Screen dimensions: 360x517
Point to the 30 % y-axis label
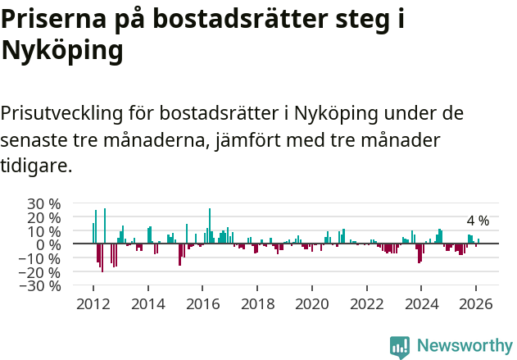[44, 203]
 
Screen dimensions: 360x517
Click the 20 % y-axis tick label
[44, 217]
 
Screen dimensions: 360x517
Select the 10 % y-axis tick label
[44, 231]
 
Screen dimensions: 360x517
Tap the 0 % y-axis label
[48, 244]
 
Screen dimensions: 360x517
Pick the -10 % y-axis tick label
[42, 258]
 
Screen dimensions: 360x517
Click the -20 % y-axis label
[42, 272]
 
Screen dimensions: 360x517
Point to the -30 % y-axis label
[42, 286]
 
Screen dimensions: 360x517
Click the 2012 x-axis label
[93, 304]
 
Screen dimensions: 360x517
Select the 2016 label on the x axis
[202, 304]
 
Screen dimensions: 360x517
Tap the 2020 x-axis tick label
[311, 304]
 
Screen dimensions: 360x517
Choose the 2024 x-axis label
[421, 304]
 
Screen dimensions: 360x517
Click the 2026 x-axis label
[476, 304]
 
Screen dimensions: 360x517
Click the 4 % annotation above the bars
[478, 221]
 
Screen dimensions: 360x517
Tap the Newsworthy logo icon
[400, 346]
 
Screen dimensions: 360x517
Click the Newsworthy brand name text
[464, 346]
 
